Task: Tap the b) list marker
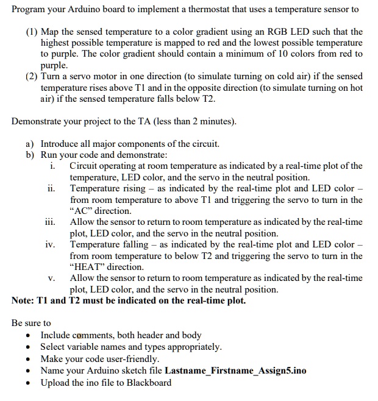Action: (30, 155)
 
